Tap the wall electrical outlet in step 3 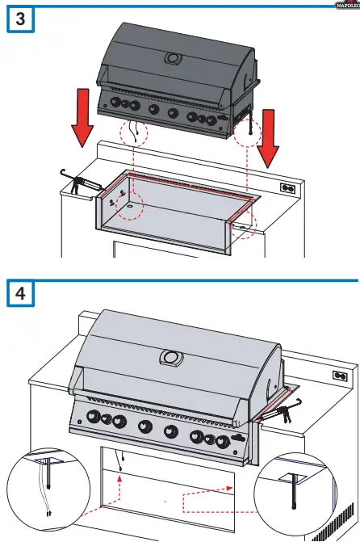[x=286, y=187]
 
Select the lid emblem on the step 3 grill [x=172, y=58]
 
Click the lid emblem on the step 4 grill [x=170, y=357]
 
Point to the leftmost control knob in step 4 [x=89, y=417]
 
